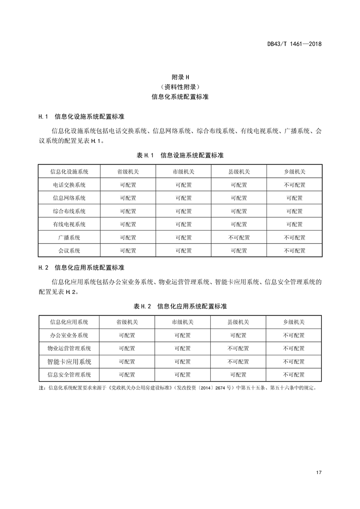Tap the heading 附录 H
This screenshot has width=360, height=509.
pos(180,77)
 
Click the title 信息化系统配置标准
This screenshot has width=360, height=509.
pos(180,97)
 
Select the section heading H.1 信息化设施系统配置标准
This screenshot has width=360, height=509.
pos(82,117)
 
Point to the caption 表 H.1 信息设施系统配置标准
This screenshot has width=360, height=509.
pos(180,155)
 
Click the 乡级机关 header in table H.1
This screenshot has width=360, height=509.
pos(295,172)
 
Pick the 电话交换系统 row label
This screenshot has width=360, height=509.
pos(69,185)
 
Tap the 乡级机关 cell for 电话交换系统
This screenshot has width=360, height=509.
pos(295,185)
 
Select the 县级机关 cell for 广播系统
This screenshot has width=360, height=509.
pos(239,238)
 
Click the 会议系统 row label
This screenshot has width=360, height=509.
pos(69,251)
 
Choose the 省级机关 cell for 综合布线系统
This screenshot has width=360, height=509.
pos(128,211)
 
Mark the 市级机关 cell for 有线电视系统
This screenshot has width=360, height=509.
pos(183,225)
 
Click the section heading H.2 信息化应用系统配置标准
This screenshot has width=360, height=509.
pos(82,268)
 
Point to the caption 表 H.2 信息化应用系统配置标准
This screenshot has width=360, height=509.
pos(180,307)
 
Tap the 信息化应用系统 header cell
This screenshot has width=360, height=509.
pos(69,322)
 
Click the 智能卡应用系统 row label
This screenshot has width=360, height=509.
pos(69,362)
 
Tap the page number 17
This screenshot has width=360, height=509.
pos(319,473)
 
